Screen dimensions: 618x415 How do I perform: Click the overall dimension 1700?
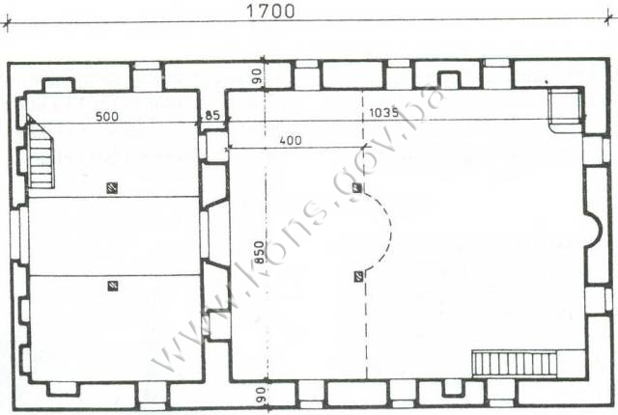(x=270, y=11)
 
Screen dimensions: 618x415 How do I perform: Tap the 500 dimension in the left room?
(x=107, y=117)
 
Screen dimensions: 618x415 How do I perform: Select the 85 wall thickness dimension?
(x=212, y=116)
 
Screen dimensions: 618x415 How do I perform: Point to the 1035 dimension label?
(x=384, y=113)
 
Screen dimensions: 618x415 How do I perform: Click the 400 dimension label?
(x=291, y=140)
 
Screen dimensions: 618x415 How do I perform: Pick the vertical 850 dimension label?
(x=259, y=253)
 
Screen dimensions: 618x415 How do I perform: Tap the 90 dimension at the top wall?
(x=257, y=76)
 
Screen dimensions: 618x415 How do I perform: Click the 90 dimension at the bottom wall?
(x=261, y=395)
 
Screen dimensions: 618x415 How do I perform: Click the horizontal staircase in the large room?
(x=515, y=363)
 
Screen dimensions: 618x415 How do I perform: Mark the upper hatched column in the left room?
(x=112, y=188)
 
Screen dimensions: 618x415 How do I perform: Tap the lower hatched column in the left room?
(x=113, y=286)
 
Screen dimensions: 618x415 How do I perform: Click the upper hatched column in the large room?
(x=357, y=188)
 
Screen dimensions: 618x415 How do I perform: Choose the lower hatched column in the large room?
(x=358, y=277)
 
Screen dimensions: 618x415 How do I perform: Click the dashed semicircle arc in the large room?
(x=391, y=233)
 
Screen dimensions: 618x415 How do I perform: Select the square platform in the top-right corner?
(x=564, y=109)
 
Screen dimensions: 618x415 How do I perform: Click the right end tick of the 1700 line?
(x=609, y=19)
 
